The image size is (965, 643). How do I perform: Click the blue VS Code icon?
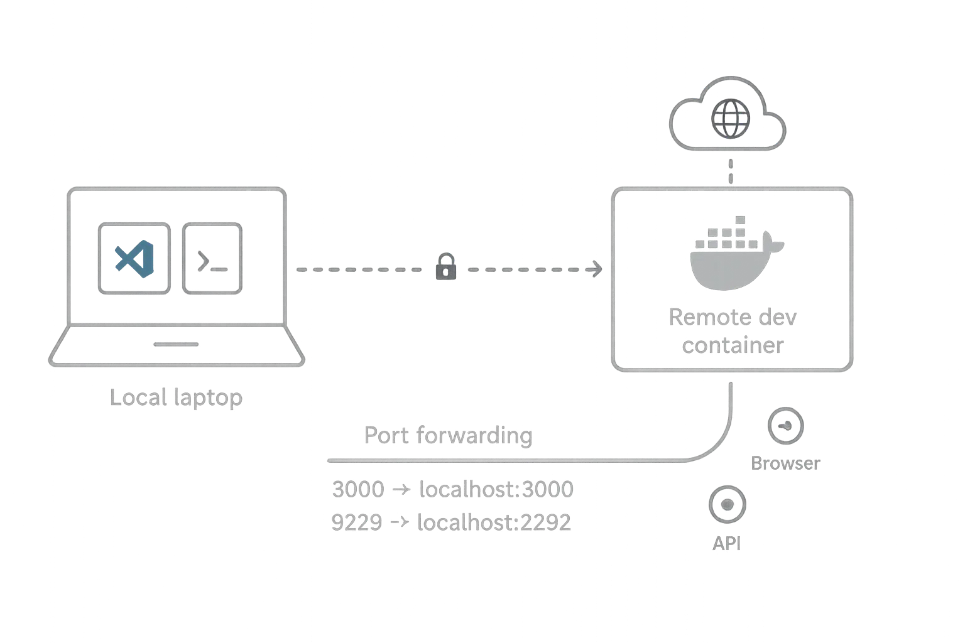tap(134, 258)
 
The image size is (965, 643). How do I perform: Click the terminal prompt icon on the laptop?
tap(212, 258)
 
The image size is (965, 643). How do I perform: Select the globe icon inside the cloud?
tap(729, 118)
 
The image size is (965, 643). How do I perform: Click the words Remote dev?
tap(733, 318)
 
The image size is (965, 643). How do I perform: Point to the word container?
tap(733, 345)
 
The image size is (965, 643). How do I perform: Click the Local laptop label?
tap(177, 398)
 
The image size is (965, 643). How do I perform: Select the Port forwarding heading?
tap(447, 435)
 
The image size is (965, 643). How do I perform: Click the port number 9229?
tap(356, 522)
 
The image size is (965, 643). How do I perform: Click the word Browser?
tap(785, 464)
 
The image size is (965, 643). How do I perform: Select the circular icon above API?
tap(728, 504)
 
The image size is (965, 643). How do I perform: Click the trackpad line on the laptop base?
tap(178, 344)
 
